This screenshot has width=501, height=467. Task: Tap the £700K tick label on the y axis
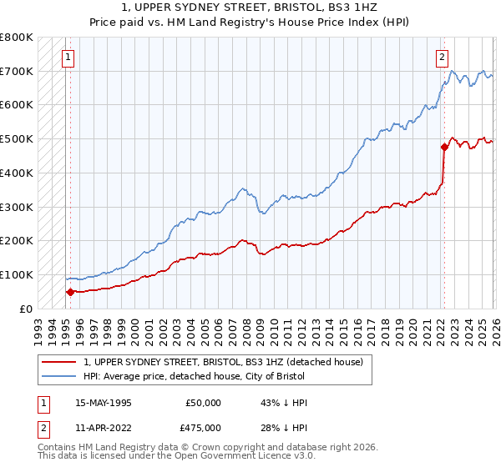click(17, 71)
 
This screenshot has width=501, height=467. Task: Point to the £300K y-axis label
click(17, 207)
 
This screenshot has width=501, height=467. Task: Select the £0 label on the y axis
click(27, 309)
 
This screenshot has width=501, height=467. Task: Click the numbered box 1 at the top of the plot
click(67, 58)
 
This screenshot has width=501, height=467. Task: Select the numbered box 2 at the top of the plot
click(441, 58)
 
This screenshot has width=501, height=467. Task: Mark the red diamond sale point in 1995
click(71, 292)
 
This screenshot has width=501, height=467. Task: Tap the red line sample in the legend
click(59, 363)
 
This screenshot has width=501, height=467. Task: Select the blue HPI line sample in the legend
click(59, 377)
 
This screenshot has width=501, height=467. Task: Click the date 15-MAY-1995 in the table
click(104, 403)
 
